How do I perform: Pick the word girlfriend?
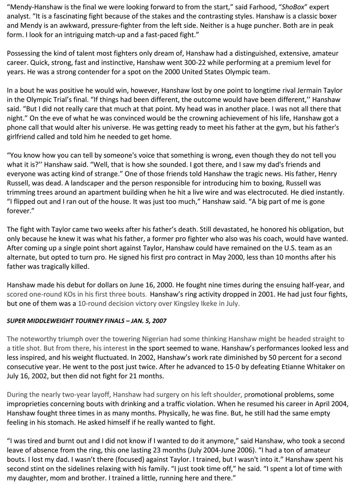(23, 136)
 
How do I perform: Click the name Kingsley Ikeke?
(195, 303)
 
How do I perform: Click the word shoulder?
(226, 394)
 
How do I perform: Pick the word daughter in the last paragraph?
(33, 478)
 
